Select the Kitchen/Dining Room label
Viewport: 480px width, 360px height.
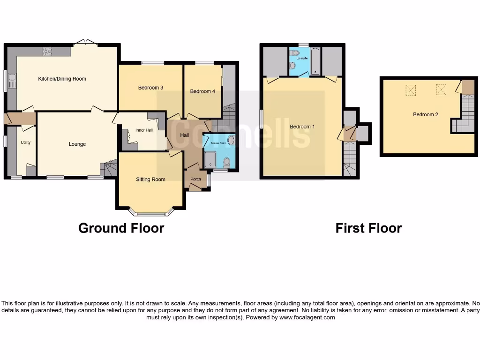point(62,79)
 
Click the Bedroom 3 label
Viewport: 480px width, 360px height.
point(150,88)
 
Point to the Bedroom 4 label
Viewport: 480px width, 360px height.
point(202,91)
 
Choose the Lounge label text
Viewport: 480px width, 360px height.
point(77,144)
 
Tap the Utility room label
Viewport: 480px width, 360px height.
point(25,142)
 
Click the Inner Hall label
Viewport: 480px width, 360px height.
point(144,130)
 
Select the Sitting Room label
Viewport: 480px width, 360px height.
point(150,179)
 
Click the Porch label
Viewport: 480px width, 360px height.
point(195,179)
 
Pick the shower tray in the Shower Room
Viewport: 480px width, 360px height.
point(210,159)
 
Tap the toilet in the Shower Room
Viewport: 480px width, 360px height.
point(227,162)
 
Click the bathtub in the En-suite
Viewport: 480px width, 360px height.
point(315,61)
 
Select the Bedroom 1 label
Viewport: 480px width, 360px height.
point(302,127)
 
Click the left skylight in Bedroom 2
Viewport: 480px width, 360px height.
point(411,89)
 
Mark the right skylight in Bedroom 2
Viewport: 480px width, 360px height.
point(442,89)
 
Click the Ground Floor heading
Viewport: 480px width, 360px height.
point(121,228)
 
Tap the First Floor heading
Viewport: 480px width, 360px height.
point(368,228)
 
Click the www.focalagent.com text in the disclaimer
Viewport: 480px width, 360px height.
point(307,317)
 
